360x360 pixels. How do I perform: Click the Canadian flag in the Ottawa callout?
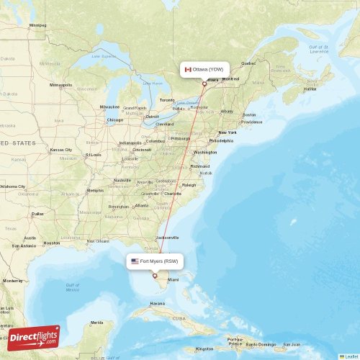coord(188,69)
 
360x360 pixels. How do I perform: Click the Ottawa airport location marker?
coord(204,84)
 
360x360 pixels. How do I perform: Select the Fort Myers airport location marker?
coord(154,274)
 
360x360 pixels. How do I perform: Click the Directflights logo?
coord(35,336)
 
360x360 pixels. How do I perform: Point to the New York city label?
coord(227,132)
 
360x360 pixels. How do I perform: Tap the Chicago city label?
coord(114,120)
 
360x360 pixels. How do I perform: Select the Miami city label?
coord(173,279)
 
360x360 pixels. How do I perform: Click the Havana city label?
coord(158,303)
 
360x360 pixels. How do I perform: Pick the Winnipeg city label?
coord(37,25)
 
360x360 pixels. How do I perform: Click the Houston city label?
coord(52,243)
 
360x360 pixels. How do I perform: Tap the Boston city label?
coord(249,114)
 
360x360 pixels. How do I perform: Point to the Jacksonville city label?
coord(167,237)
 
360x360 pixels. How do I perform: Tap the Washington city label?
coord(205,153)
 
